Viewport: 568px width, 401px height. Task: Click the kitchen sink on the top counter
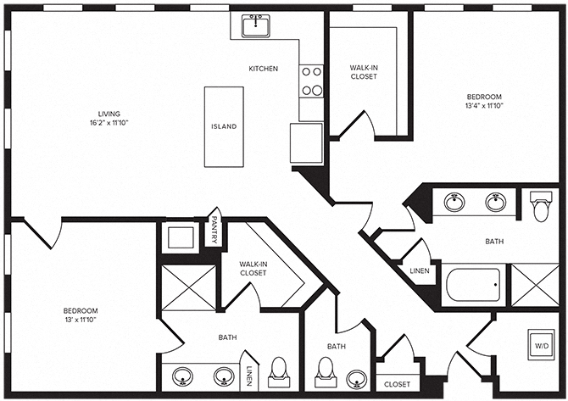pos(253,26)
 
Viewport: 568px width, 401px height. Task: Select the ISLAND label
pos(224,127)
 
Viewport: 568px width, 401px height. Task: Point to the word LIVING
pos(108,114)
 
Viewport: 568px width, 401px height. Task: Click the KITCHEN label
pos(263,69)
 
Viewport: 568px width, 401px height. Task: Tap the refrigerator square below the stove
pos(306,142)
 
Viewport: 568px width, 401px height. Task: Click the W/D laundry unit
pos(540,346)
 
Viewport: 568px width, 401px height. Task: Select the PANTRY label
pos(215,231)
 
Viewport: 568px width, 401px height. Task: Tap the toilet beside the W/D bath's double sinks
pos(540,206)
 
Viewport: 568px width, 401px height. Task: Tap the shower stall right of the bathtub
pos(534,284)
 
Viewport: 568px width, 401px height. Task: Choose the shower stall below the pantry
pos(188,287)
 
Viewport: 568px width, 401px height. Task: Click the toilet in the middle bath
pos(324,371)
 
